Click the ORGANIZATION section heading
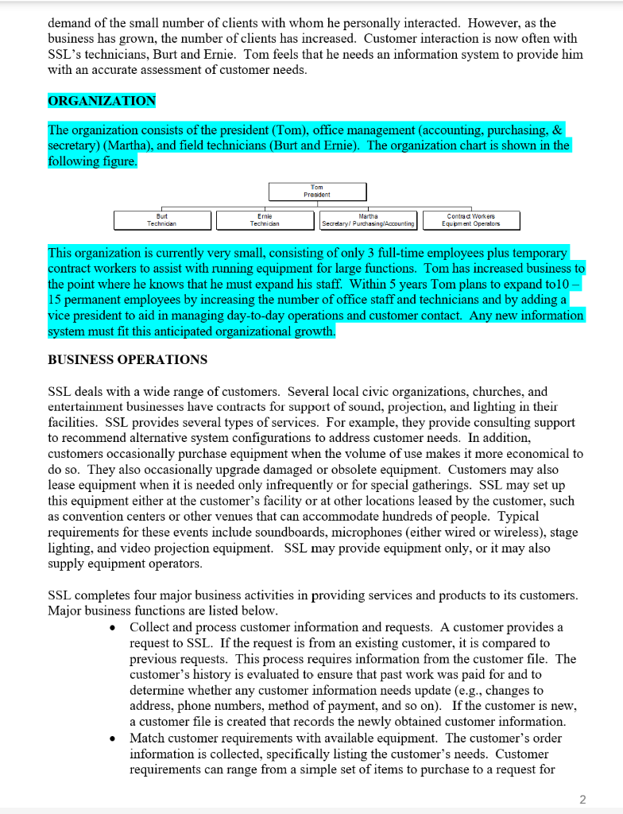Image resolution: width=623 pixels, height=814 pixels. point(102,101)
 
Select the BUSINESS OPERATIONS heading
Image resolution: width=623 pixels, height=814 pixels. point(127,359)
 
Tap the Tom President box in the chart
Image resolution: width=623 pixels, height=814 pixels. point(317,192)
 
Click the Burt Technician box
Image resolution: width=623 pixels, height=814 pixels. point(162,220)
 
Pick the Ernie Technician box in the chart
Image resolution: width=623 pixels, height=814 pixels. point(265,220)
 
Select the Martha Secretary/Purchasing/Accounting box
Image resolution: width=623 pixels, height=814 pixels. point(369,220)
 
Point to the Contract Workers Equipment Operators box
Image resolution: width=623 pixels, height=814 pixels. point(472,220)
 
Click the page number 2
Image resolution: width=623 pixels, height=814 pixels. point(582,798)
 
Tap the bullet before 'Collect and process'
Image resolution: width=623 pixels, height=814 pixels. point(115,628)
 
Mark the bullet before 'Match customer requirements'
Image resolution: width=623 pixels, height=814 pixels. point(115,738)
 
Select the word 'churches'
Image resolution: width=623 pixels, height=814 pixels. point(498,391)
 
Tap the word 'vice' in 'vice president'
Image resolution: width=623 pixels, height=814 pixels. point(60,316)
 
